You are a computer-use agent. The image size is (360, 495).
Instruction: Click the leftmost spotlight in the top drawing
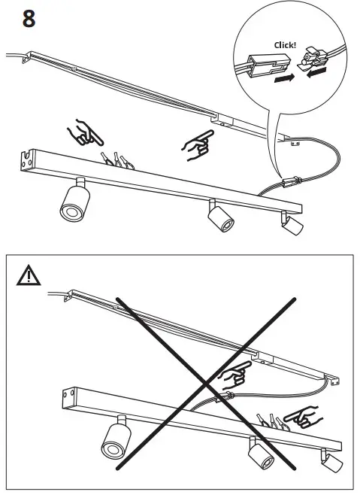74,200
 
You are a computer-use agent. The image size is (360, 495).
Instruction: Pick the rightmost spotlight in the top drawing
291,224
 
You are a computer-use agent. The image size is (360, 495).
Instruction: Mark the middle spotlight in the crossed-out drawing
260,454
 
